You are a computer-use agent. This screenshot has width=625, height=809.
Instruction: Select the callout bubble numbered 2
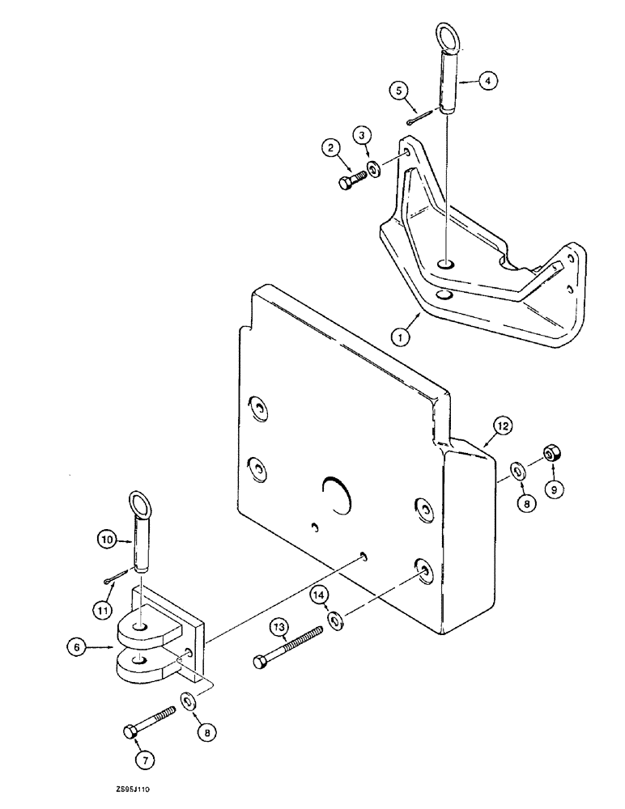coord(330,147)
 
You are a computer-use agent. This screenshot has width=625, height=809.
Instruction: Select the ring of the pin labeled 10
coord(140,506)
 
